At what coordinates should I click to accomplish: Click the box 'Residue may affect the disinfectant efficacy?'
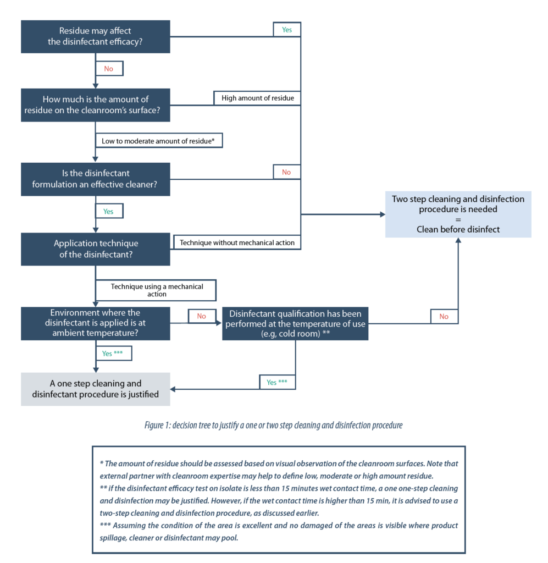tap(95, 36)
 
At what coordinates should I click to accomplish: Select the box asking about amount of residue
tap(95, 104)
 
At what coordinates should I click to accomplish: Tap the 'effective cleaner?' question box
tap(95, 179)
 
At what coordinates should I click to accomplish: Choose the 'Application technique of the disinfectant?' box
tap(95, 249)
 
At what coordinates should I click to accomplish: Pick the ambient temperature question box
tap(95, 323)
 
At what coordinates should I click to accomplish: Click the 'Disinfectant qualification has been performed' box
tap(295, 323)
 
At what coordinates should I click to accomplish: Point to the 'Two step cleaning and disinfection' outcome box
tap(458, 214)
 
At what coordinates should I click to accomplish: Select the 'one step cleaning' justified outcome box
tap(95, 389)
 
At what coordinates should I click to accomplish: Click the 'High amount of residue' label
tap(257, 98)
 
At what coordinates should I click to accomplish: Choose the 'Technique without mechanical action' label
tap(237, 242)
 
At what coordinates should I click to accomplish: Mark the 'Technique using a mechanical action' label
tap(156, 290)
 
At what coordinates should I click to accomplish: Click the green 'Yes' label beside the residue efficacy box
tap(287, 30)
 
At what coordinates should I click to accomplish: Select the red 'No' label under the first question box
tap(109, 68)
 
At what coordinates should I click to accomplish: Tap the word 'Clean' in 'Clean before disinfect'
tap(429, 229)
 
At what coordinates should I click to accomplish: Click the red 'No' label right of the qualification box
tap(444, 316)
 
